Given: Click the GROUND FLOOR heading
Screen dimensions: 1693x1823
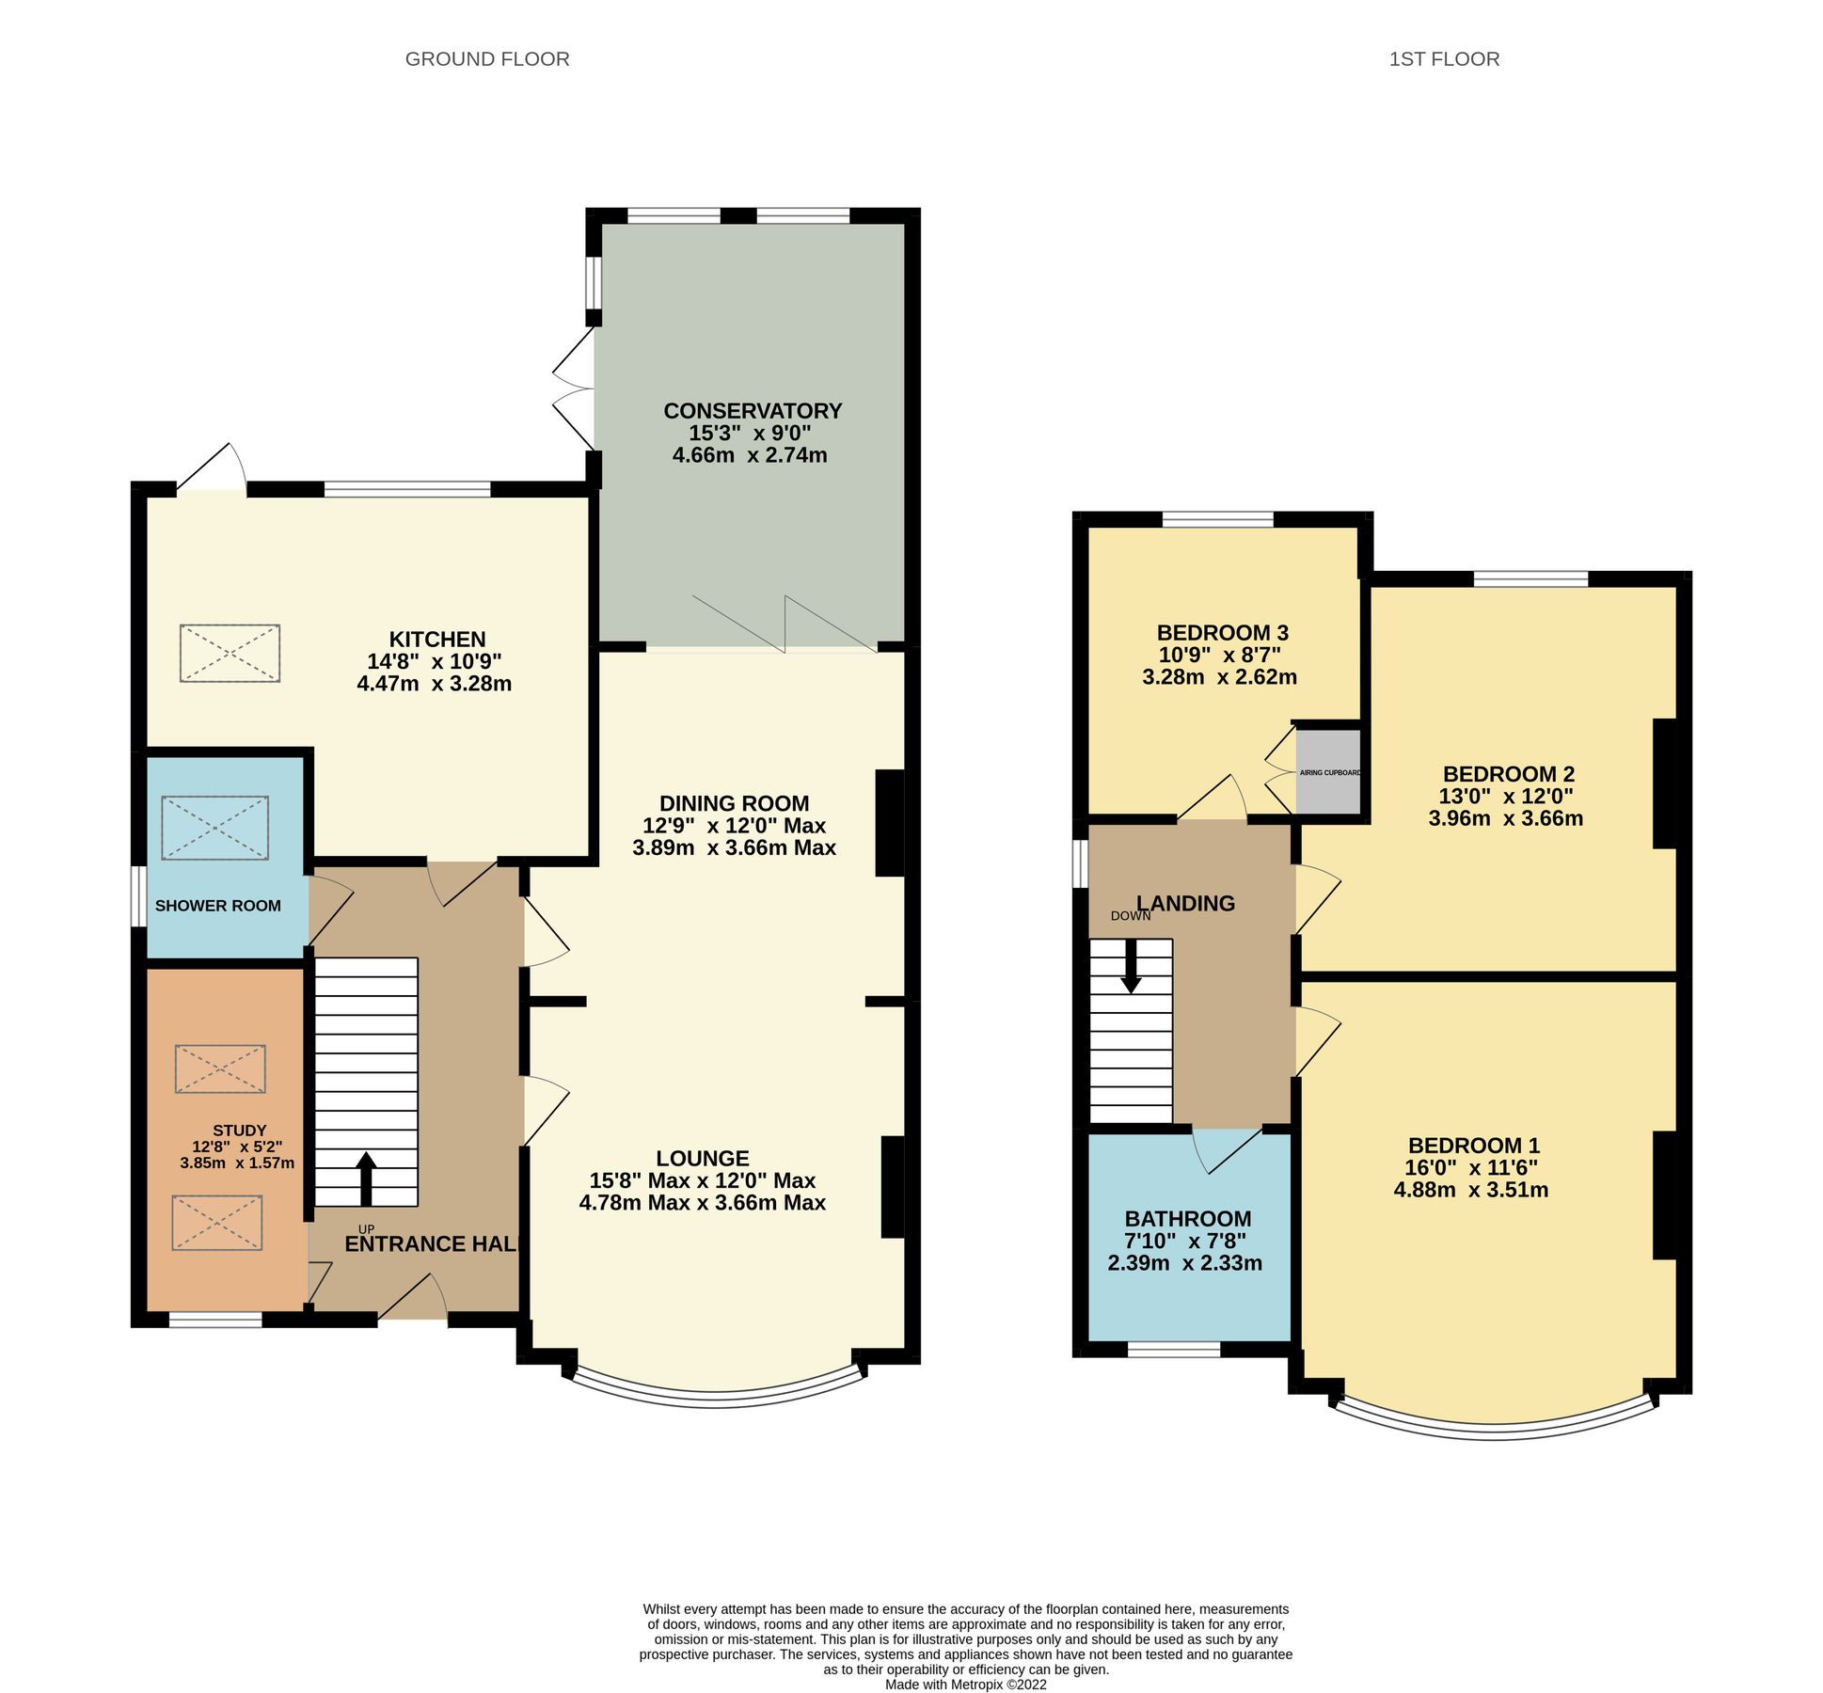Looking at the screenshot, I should click(x=486, y=59).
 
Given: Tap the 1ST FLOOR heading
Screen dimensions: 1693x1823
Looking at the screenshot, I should click(x=1443, y=59).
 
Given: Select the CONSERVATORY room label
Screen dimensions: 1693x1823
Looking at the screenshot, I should click(x=752, y=411).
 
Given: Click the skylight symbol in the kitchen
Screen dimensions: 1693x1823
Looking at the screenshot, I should click(x=230, y=653).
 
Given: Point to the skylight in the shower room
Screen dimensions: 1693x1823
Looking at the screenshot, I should click(x=214, y=828).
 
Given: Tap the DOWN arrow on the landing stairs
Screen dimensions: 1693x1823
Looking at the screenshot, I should click(x=1130, y=966).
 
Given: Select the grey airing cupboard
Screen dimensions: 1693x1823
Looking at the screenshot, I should click(x=1328, y=772).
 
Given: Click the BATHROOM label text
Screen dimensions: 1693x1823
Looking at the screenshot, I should click(x=1187, y=1219).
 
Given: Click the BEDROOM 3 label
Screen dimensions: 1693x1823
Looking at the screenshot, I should click(x=1221, y=633).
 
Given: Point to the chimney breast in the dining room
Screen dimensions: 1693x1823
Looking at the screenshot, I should click(x=889, y=823).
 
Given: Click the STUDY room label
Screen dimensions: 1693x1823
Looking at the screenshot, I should click(x=239, y=1131).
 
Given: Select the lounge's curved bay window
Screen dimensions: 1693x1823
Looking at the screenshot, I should click(x=715, y=1399).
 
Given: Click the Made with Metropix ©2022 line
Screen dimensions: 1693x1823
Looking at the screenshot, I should click(x=965, y=1685).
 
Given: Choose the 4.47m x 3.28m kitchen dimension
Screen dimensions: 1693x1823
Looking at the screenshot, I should click(x=434, y=684).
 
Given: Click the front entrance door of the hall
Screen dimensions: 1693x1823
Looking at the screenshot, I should click(x=413, y=1299).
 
